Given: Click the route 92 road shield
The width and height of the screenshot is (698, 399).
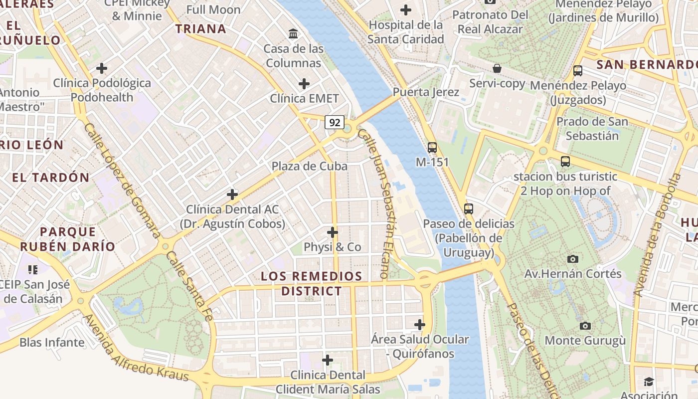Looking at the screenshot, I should point(335,122).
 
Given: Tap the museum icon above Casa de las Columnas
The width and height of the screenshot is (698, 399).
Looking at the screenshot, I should point(294,34).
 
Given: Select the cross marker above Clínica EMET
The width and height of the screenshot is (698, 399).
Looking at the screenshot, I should point(304,83).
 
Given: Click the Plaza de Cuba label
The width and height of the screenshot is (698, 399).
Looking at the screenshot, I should point(309,166).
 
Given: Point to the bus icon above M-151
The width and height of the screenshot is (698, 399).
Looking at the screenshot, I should point(432,148).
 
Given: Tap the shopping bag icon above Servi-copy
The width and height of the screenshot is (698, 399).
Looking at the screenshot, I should point(497,68).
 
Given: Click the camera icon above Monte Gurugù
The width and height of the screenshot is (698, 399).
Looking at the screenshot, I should point(585,326).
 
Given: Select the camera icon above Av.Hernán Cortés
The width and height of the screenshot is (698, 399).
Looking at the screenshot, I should point(572,259).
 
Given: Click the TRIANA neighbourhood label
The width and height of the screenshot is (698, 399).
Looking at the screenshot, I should point(201,29).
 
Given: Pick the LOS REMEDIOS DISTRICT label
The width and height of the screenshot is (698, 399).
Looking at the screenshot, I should point(312,283).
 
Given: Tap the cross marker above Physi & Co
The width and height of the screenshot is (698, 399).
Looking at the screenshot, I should point(333,232).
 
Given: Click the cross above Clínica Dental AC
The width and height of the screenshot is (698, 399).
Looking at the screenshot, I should point(232,195).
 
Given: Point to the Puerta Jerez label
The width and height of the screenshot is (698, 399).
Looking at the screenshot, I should point(425,92).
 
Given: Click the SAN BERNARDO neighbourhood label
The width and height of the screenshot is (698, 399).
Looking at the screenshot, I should point(647,64).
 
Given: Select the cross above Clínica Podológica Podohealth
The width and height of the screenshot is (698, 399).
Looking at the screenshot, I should point(102,68).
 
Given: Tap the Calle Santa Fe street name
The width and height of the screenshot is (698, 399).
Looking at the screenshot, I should point(189,286).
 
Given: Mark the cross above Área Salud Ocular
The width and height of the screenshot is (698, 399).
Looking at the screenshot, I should point(420,325).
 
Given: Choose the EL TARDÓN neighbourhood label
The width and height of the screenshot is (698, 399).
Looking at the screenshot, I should point(51,178).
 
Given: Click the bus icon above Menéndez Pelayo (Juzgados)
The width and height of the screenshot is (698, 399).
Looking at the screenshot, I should point(578,71).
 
